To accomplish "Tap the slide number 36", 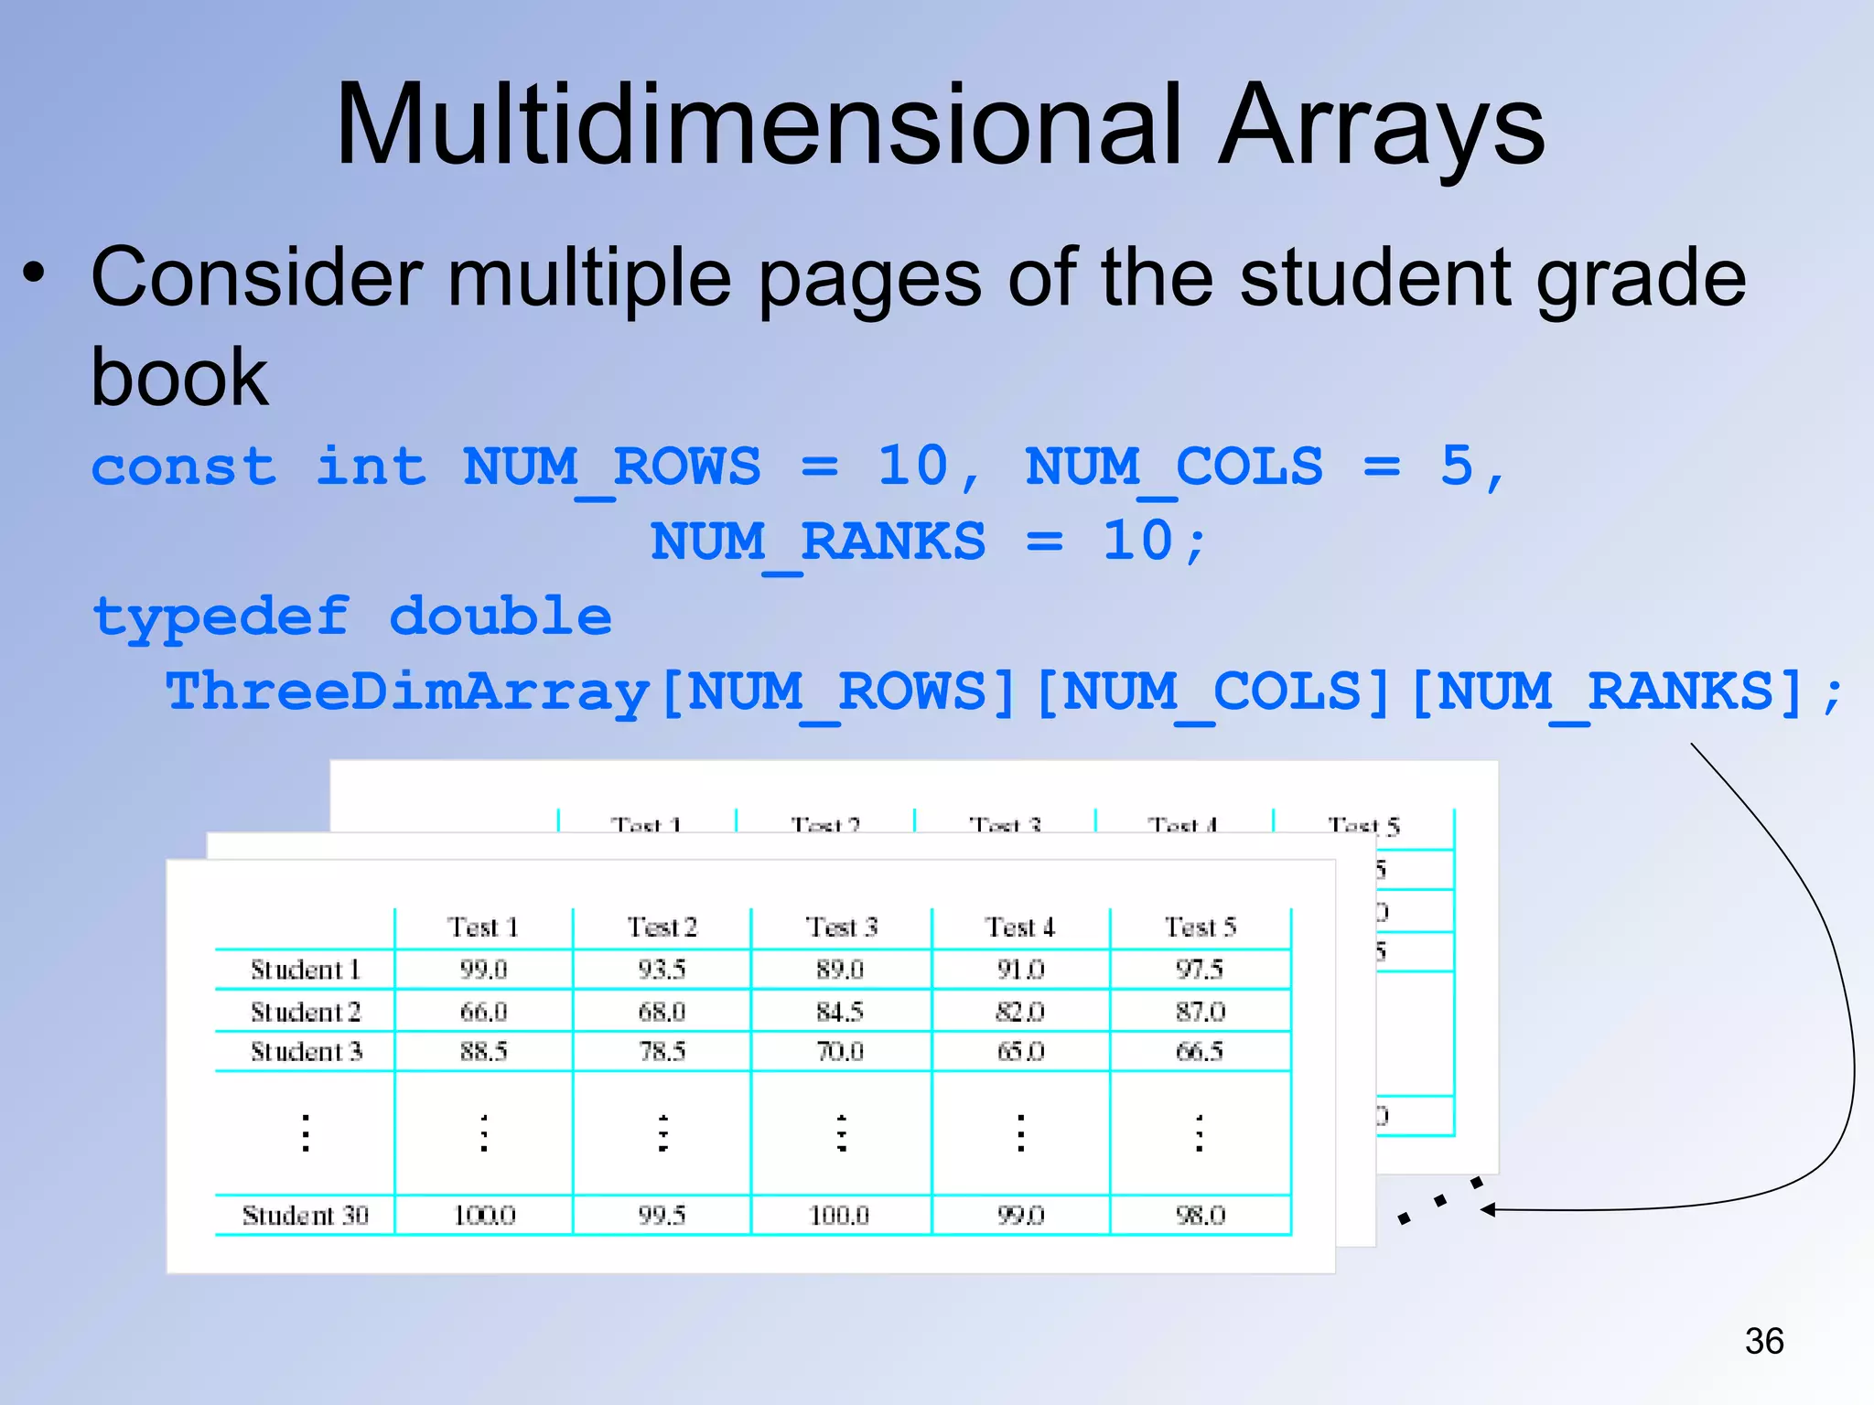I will (1763, 1341).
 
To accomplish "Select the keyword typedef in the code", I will (221, 617).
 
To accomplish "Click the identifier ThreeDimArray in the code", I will (407, 692).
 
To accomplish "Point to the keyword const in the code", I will (183, 467).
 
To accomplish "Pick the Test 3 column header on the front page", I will (841, 928).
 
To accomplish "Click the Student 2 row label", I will (305, 1012).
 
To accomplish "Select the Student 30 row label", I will (305, 1216).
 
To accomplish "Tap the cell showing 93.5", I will (662, 970).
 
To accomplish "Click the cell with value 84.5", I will (840, 1012).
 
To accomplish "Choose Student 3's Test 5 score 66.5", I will (1200, 1051).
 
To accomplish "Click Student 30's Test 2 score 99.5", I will (662, 1216).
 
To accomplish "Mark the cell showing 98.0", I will (1200, 1216).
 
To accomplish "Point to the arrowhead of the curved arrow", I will (1488, 1210).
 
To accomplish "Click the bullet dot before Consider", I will (34, 273).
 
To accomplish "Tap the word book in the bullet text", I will (179, 377).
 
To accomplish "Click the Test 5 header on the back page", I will (1363, 826).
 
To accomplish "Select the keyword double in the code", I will (501, 617).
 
